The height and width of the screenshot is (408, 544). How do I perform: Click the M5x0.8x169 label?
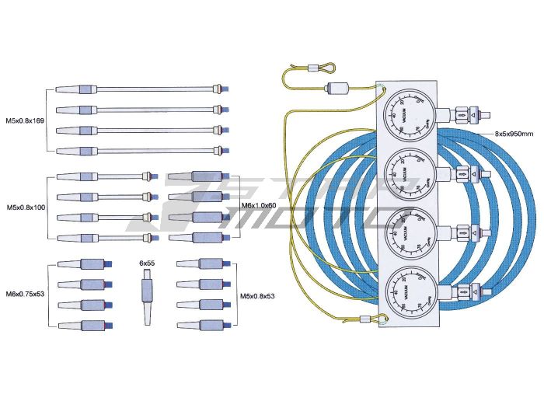coord(24,120)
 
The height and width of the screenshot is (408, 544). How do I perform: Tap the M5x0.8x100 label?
coord(26,207)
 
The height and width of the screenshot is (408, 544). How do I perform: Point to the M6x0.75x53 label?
coord(25,293)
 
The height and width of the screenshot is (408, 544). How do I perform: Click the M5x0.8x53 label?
coord(257,295)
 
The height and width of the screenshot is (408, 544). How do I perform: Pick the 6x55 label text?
coord(148,263)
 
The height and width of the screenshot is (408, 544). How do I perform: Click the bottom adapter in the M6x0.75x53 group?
coord(82,324)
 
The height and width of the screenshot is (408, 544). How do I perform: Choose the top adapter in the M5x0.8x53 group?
coord(201,264)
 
